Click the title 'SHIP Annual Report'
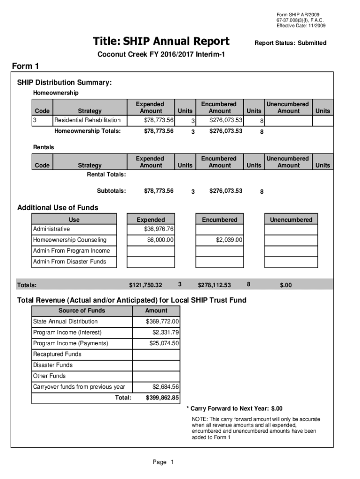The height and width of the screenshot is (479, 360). [161, 42]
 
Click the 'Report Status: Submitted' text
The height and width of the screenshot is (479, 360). [290, 43]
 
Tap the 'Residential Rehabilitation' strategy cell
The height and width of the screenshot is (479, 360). [87, 121]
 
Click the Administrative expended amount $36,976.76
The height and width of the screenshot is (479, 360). [159, 229]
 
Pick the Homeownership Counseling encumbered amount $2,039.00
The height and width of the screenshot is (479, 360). [229, 240]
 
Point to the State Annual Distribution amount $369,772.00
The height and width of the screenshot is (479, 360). [162, 321]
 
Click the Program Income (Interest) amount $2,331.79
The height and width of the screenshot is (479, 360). [166, 333]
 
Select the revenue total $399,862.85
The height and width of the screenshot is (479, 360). [162, 398]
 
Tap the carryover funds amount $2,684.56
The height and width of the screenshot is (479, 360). [166, 387]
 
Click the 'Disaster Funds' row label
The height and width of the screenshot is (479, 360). [53, 365]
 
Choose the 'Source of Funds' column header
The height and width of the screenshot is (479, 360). [82, 311]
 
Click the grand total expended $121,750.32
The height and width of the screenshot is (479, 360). [145, 285]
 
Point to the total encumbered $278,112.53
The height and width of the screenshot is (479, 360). [215, 285]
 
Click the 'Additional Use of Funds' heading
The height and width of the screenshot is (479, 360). [58, 208]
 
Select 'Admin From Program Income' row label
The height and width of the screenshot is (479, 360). [72, 251]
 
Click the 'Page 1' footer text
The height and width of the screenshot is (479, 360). [163, 463]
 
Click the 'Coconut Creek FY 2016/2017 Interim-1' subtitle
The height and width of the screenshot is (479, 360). [161, 55]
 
